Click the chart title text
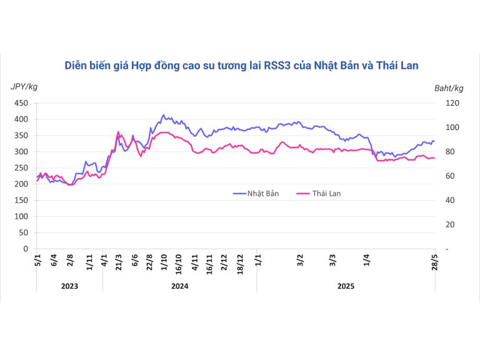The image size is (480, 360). click(241, 65)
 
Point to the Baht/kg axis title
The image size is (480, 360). click(449, 88)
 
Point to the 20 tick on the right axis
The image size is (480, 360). click(447, 224)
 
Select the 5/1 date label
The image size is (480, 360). click(37, 261)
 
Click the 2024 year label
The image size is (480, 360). click(179, 286)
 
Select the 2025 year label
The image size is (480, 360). click(346, 286)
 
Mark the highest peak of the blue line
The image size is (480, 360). click(164, 115)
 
